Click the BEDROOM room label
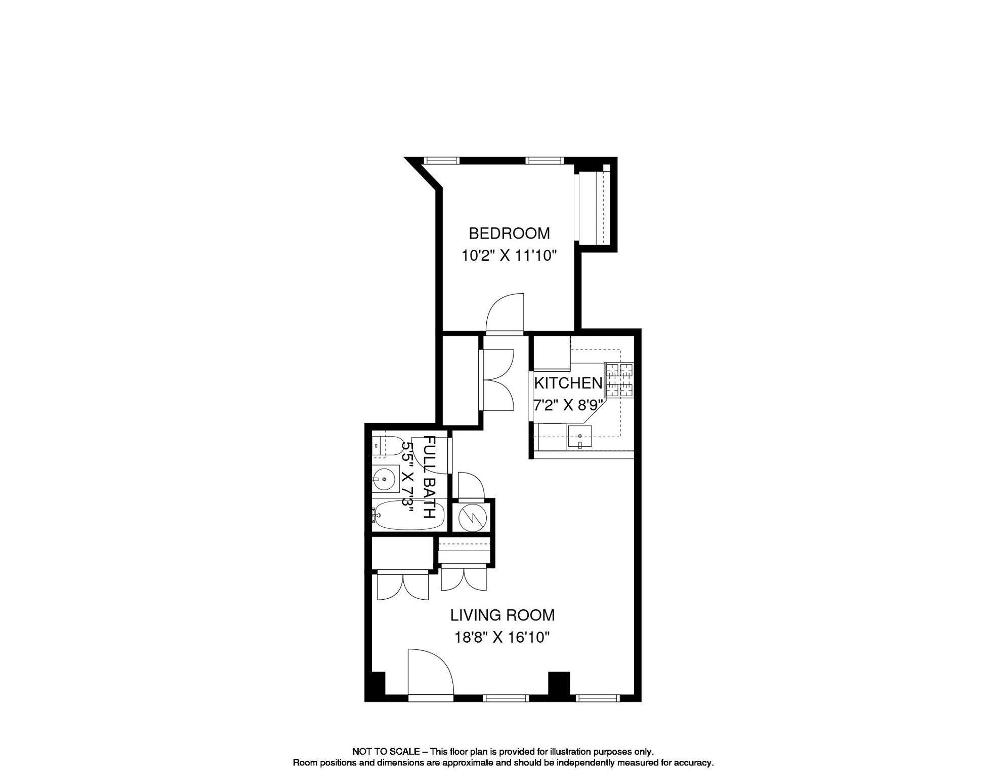pos(509,234)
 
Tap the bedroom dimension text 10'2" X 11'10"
pos(509,256)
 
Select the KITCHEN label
pos(568,383)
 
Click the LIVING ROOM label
pos(502,615)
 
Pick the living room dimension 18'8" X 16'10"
pos(502,637)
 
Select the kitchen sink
pos(579,437)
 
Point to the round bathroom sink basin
pos(385,479)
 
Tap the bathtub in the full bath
pos(409,516)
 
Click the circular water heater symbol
pos(472,518)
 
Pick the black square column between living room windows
pos(559,683)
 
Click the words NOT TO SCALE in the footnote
pos(386,752)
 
